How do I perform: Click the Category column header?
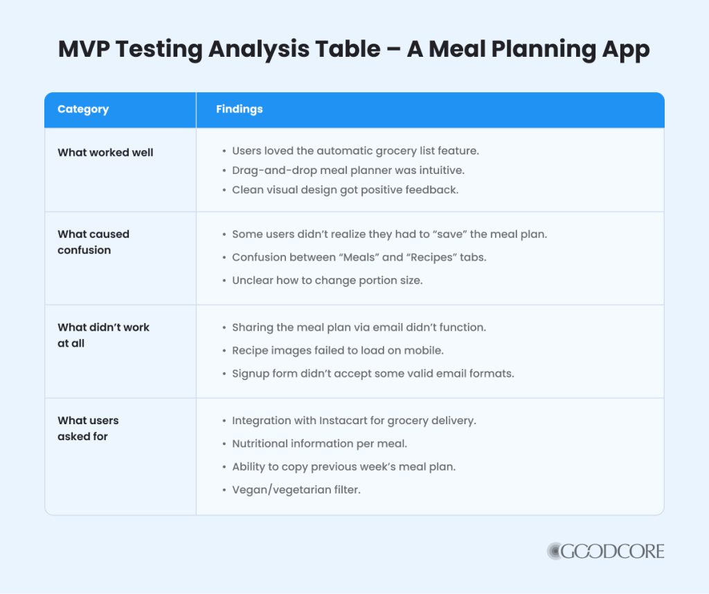83,110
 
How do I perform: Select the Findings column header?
239,110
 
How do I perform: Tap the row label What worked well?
105,152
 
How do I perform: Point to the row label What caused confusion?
93,242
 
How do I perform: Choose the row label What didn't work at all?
103,335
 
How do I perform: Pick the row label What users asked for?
88,428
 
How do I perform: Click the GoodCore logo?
605,551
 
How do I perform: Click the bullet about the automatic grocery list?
355,150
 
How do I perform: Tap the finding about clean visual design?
345,189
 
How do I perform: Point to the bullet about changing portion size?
327,281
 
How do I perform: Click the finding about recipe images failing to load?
338,350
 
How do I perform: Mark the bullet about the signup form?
373,374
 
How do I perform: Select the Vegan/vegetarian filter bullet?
296,490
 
